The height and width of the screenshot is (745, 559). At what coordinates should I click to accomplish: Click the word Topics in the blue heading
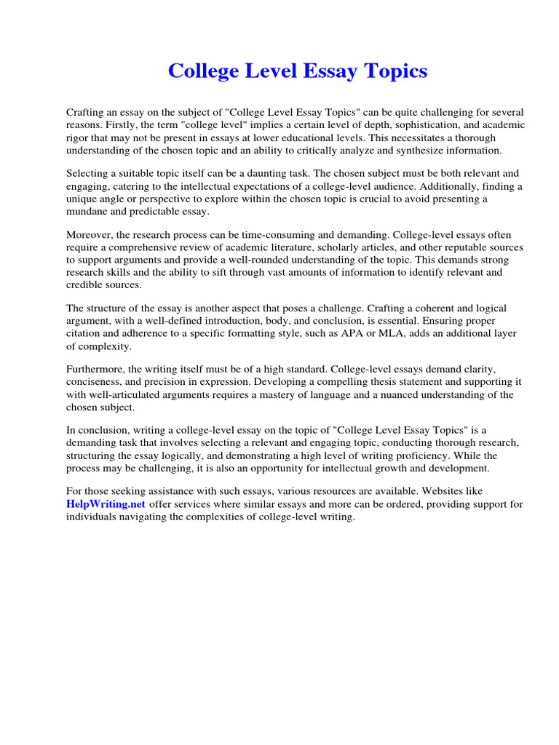(393, 71)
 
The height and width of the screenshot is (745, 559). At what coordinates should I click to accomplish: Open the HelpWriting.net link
(106, 503)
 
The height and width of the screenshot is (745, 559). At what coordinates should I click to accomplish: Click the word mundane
(88, 211)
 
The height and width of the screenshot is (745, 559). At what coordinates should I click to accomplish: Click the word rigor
(79, 137)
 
